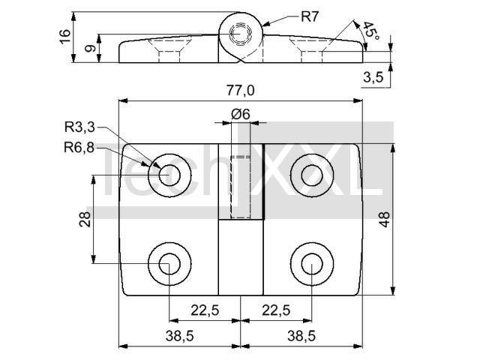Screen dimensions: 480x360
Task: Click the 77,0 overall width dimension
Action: click(240, 91)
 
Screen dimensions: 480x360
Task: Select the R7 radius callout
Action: click(310, 16)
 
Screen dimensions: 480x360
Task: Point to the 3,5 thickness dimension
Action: click(373, 77)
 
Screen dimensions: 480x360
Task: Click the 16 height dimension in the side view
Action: click(65, 37)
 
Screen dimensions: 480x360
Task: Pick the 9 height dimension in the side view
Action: click(90, 48)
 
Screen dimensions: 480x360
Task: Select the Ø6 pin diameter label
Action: click(241, 115)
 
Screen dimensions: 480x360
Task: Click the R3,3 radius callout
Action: click(79, 127)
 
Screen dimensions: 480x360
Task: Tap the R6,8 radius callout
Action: click(79, 148)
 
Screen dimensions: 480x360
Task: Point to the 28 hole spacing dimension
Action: click(85, 219)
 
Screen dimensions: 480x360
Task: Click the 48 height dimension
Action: click(385, 219)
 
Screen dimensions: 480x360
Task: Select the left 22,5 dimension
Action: click(205, 310)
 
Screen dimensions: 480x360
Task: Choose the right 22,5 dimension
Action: click(276, 310)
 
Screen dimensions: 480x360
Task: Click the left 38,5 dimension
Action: click(180, 337)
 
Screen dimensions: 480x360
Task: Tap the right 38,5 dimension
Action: click(301, 337)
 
